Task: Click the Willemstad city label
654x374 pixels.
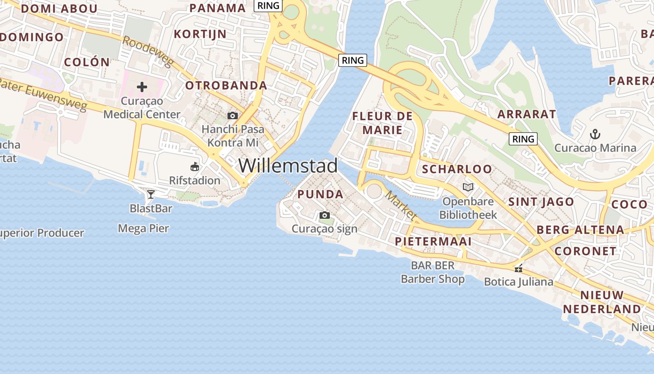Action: coord(288,165)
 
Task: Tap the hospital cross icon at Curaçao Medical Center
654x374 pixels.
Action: coord(142,86)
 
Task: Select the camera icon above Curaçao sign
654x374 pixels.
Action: coord(324,215)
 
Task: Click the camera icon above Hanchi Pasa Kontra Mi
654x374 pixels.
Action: coord(232,115)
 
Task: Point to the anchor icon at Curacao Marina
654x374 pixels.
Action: coord(595,135)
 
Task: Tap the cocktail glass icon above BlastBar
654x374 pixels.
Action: coord(150,194)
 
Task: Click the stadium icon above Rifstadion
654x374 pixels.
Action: coord(195,166)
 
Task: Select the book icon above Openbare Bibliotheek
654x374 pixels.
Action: coord(468,187)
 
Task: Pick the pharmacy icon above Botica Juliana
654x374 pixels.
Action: coord(518,268)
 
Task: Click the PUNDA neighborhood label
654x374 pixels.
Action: coord(320,194)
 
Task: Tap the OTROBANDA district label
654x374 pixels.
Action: coord(226,86)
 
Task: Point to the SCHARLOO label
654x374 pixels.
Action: coord(457,169)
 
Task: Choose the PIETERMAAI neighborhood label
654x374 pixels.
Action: coord(433,242)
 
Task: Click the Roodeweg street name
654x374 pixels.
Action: coord(148,52)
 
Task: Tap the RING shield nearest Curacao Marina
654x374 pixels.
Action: coord(523,139)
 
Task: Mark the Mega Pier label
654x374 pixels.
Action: coord(143,229)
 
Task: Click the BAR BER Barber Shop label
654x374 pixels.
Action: coord(433,273)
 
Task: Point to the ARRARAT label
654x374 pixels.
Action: coord(526,114)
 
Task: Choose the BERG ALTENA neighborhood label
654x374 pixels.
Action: coord(580,230)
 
